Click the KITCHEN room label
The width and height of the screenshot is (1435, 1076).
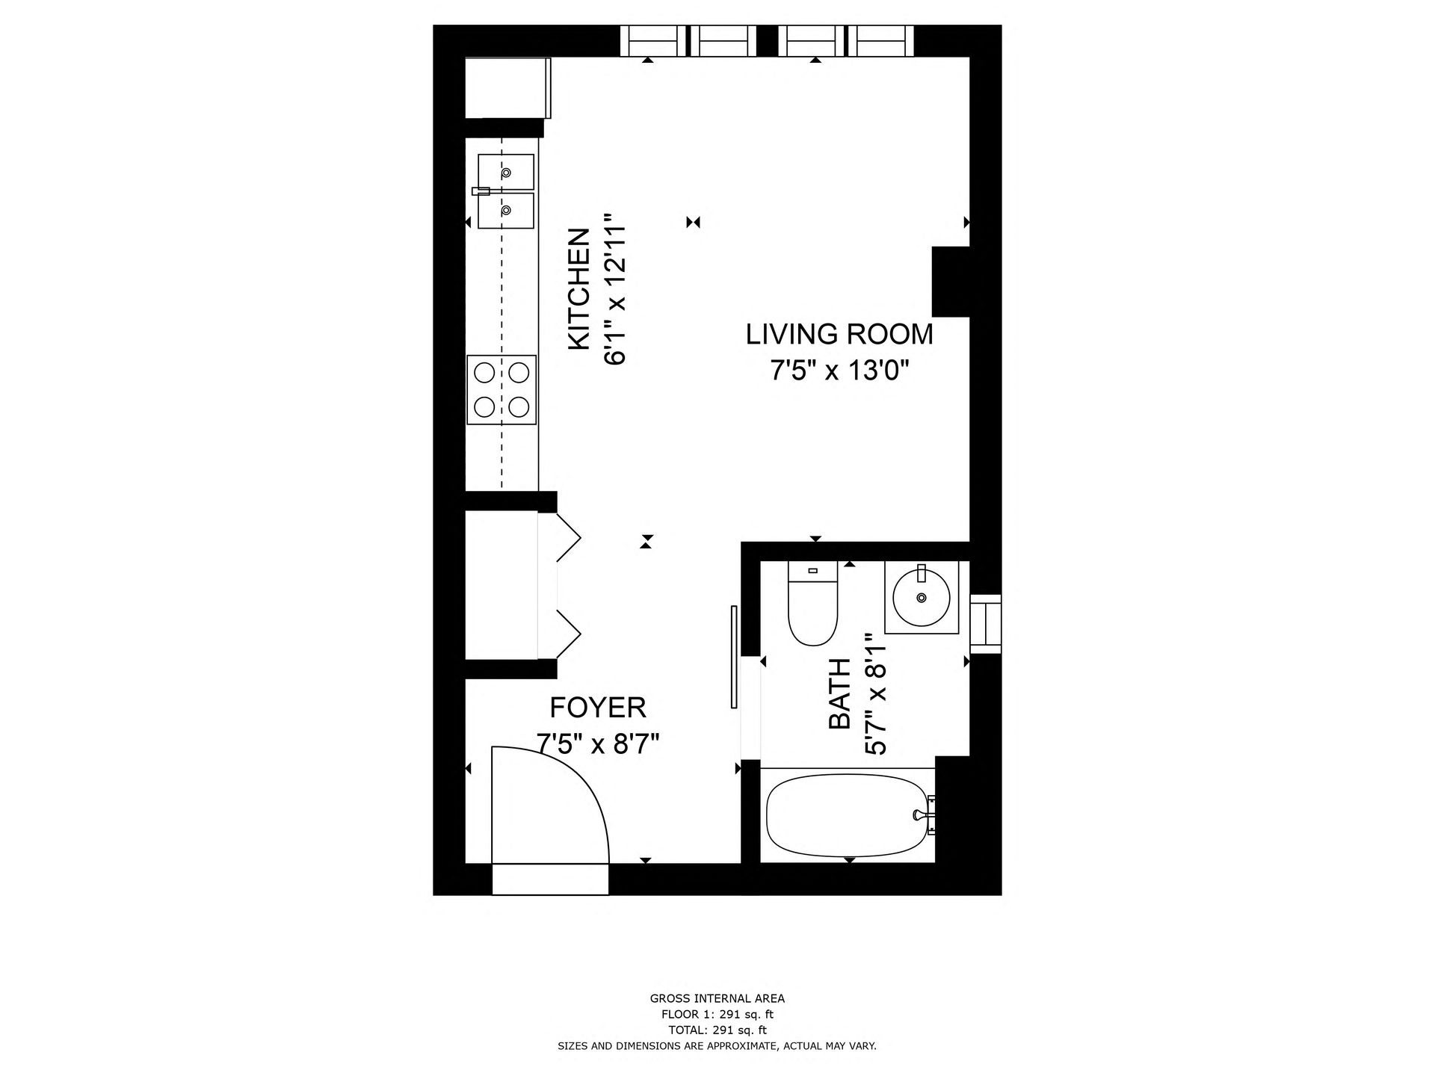tap(579, 289)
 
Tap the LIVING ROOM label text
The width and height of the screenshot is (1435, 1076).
tap(840, 334)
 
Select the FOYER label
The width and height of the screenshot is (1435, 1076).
tap(598, 707)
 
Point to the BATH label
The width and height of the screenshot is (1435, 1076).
tap(839, 694)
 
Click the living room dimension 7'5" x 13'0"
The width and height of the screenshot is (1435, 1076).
tap(840, 371)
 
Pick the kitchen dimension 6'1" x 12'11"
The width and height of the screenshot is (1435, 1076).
tap(614, 289)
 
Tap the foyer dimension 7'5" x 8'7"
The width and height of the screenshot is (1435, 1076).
tap(598, 744)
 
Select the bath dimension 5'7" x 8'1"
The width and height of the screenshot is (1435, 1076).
tap(875, 694)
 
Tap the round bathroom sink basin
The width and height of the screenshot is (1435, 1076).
tap(922, 598)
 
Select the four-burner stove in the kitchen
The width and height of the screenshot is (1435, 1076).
tap(502, 389)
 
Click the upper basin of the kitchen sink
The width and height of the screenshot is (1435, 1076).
tap(506, 172)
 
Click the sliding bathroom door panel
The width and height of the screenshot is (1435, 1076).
tap(734, 657)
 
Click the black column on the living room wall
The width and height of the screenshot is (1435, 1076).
tap(951, 282)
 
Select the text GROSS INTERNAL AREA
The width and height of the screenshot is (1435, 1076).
tap(717, 998)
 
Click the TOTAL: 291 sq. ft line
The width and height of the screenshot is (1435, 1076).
tap(717, 1030)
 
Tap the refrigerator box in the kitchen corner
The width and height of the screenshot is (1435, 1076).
tap(507, 87)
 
